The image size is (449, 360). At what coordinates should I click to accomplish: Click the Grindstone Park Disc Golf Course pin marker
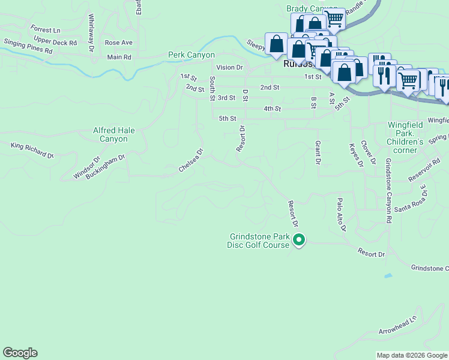coord(298,241)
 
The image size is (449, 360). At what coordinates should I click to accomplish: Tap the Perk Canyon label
coord(191,55)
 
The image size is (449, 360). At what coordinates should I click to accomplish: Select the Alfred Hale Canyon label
coord(110,134)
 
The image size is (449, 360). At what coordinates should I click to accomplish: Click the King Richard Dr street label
coord(32,150)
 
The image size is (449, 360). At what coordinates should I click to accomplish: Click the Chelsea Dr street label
coord(192,160)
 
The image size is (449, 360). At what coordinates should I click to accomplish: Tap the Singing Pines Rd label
coord(28,47)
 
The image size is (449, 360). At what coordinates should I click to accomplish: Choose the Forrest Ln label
coord(46,29)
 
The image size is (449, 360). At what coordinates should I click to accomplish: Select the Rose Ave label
coord(118,43)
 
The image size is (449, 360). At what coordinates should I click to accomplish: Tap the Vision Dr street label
coord(229,68)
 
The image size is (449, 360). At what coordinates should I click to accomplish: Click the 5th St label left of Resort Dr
coord(228,119)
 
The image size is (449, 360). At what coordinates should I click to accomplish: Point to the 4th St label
coord(273,109)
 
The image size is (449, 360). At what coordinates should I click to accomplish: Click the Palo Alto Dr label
coord(342,215)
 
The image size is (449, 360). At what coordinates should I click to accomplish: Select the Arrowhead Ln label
coord(397,325)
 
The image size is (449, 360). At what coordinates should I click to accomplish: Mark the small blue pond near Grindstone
coord(388,276)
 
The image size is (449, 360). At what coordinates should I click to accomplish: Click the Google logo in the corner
coord(20,353)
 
